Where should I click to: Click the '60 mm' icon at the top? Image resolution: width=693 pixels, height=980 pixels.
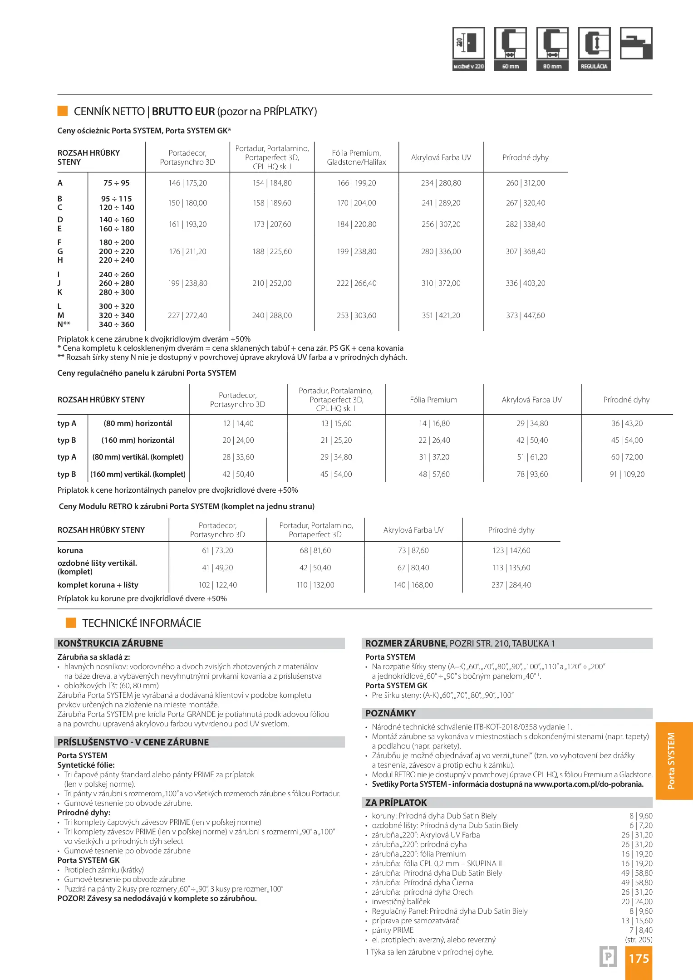(x=511, y=49)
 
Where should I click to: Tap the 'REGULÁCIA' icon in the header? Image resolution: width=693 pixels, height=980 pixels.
(x=594, y=49)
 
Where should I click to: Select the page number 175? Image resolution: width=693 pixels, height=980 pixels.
(x=639, y=958)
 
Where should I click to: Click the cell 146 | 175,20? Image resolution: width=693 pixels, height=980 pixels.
(x=187, y=183)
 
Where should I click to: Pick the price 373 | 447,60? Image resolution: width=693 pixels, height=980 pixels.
(x=526, y=315)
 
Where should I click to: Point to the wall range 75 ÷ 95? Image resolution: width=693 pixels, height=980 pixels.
(x=117, y=183)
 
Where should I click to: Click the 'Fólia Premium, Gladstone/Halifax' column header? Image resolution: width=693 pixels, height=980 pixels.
(x=356, y=157)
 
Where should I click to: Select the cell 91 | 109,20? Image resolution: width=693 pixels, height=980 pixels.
(x=627, y=474)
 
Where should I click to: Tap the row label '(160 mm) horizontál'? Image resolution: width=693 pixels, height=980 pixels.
(x=138, y=440)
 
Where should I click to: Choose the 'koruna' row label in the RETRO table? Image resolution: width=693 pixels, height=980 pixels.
(x=70, y=550)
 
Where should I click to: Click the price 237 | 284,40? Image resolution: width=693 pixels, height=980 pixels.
(x=511, y=585)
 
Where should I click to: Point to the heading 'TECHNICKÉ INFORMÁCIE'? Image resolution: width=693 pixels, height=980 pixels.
(x=142, y=623)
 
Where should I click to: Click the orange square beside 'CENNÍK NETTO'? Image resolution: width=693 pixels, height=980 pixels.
(x=63, y=111)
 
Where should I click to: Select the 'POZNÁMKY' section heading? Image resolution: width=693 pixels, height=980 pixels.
(x=390, y=713)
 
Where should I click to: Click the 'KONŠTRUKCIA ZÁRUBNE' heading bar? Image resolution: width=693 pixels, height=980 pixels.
(x=110, y=643)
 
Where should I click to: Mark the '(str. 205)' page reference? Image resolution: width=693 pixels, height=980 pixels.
(x=639, y=940)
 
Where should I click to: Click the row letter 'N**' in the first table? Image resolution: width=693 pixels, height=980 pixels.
(x=64, y=324)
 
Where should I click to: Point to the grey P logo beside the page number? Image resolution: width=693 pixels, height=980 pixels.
(x=608, y=957)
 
